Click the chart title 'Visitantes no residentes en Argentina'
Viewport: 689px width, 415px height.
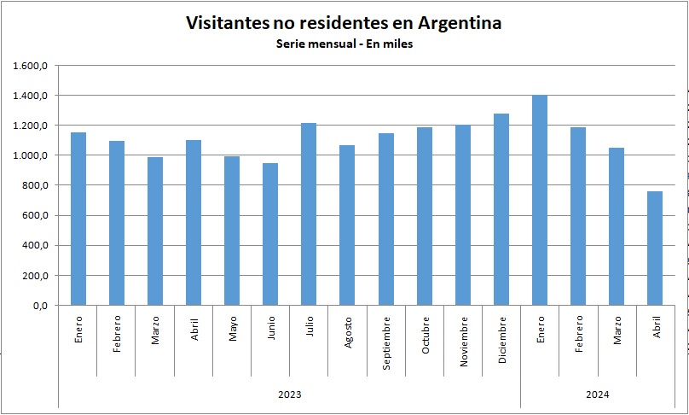tap(344, 23)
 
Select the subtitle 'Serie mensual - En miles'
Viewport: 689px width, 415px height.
tap(344, 44)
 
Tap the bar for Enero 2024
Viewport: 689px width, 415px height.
tap(540, 200)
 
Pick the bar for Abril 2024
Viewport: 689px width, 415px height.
tap(655, 248)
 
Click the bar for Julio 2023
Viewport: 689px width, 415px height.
tap(309, 213)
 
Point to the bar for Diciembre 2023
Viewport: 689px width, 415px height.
tap(501, 209)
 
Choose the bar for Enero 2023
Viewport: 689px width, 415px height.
tap(78, 219)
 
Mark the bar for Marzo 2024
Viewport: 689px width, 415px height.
tap(617, 226)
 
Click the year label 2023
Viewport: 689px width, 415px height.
tap(290, 395)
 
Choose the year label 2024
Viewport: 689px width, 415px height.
tap(597, 395)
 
